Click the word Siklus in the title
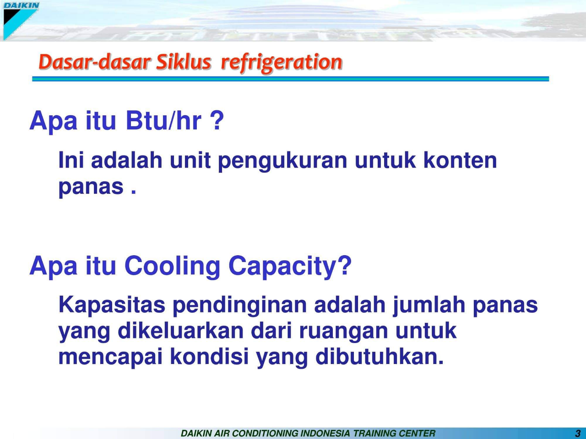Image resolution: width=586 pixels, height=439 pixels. [183, 62]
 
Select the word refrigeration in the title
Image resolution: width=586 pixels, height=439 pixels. [281, 62]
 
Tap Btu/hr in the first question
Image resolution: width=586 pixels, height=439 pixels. [163, 121]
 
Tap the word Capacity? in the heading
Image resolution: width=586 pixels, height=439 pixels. [290, 266]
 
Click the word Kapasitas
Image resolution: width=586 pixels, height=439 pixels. [112, 305]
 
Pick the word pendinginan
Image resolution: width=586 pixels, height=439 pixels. [239, 305]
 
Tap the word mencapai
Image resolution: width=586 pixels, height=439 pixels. [110, 357]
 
